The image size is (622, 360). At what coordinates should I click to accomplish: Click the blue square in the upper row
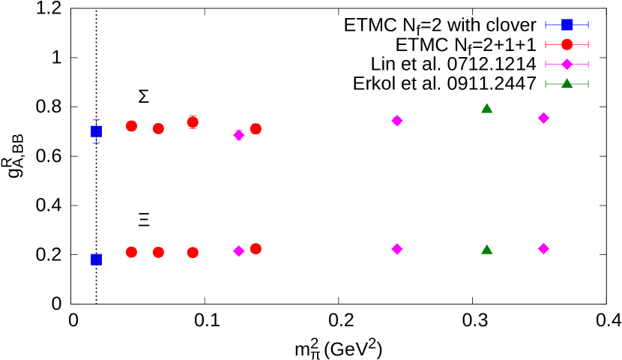[96, 131]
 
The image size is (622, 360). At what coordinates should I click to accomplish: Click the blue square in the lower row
[96, 259]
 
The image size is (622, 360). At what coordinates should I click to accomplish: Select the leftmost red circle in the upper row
[131, 126]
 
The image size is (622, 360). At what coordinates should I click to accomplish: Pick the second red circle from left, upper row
[158, 128]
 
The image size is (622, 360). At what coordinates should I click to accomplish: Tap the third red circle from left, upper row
[193, 121]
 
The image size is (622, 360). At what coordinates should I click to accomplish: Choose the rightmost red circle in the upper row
[256, 128]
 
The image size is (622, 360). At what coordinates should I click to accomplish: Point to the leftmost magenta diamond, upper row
[239, 135]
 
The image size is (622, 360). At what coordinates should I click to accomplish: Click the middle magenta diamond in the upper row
[397, 121]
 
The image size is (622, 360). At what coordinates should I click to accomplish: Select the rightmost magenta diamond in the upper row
[543, 118]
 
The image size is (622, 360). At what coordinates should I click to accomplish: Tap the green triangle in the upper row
[486, 109]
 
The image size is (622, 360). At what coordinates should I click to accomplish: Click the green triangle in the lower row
[486, 250]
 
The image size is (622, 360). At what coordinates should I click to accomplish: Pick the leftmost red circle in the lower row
[131, 252]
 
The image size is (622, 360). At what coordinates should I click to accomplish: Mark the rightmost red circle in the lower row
[256, 248]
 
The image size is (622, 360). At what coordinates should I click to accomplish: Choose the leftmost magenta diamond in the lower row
[239, 251]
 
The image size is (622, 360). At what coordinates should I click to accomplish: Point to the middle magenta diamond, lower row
[397, 249]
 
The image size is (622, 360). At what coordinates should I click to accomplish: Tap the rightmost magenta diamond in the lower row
[543, 248]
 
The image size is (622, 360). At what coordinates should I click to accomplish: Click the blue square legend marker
[567, 25]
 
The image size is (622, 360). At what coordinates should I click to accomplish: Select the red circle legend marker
[567, 44]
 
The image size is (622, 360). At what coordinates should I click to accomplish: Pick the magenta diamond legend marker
[567, 64]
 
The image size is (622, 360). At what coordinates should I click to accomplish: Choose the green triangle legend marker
[567, 83]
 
